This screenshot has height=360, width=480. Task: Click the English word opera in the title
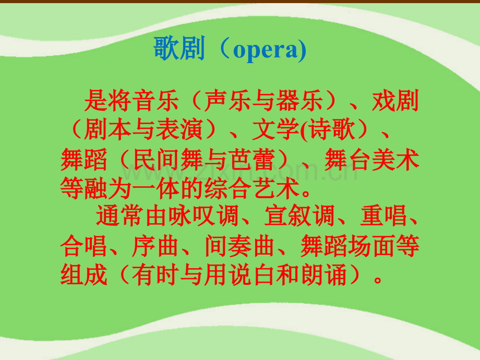tap(266, 50)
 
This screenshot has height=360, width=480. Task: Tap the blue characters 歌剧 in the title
tap(179, 48)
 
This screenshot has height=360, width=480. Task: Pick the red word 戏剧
tap(395, 100)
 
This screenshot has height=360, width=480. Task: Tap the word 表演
tap(179, 129)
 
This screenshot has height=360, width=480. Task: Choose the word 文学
tap(275, 129)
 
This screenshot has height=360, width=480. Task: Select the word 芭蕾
tap(251, 159)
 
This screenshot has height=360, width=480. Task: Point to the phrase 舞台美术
tap(372, 159)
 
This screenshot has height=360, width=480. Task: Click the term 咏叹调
tap(203, 216)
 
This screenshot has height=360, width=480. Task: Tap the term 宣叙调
tap(299, 216)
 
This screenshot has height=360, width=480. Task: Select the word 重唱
tap(383, 216)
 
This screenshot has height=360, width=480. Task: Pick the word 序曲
tap(155, 246)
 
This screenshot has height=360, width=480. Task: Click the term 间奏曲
tap(239, 246)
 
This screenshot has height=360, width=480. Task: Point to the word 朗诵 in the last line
tap(324, 274)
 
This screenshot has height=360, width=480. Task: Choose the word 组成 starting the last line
tap(84, 274)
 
